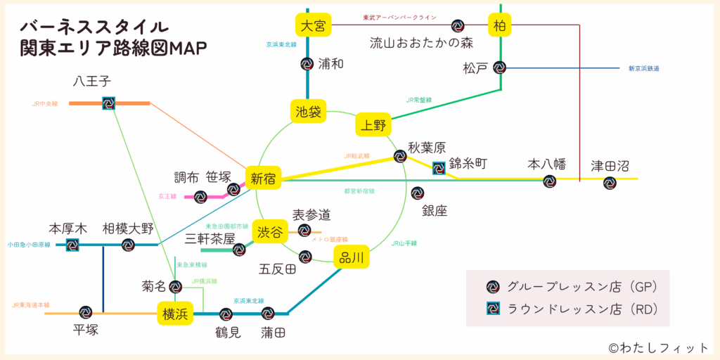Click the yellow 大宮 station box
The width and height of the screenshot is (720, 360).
coord(313,25)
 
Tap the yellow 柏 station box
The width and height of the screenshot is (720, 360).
coord(500,25)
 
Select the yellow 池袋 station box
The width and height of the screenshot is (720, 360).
coord(308,111)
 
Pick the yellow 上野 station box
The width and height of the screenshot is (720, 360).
coord(373,125)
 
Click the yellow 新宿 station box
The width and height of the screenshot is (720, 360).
coord(263,179)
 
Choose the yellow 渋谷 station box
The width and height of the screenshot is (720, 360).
coord(270,231)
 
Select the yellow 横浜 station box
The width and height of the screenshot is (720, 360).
coord(175,314)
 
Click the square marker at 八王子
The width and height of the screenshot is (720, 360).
coord(108,103)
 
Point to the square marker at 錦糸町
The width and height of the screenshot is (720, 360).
coord(439,167)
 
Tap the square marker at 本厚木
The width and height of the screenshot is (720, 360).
coord(72,245)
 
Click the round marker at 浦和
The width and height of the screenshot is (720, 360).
coord(307,64)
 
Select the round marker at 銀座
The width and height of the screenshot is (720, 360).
coord(417,193)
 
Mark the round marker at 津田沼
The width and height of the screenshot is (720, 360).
coord(610,183)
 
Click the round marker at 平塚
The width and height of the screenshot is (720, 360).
coord(86,312)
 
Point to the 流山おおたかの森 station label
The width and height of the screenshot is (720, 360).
coord(422,44)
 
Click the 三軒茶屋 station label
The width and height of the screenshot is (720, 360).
coord(210,238)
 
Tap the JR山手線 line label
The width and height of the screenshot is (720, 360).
coord(404,243)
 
